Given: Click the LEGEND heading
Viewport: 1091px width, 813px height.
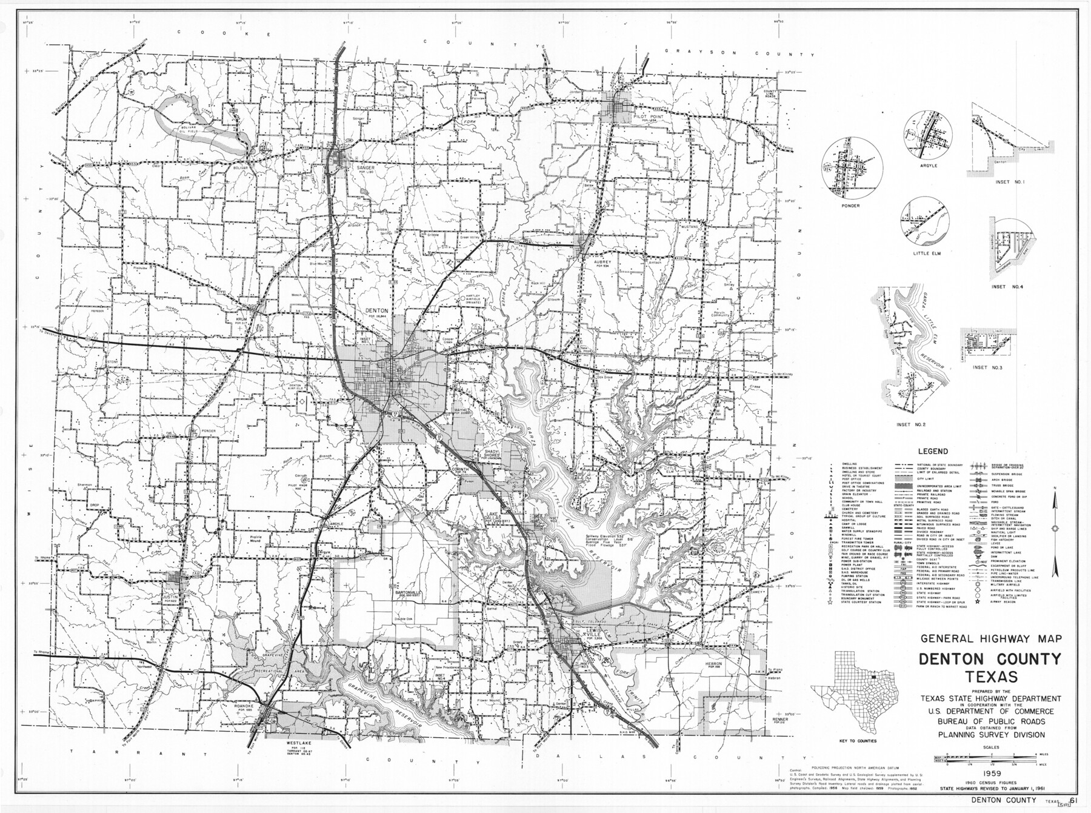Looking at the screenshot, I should (932, 452).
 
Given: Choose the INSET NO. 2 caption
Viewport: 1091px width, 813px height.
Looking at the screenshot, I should (912, 424).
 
